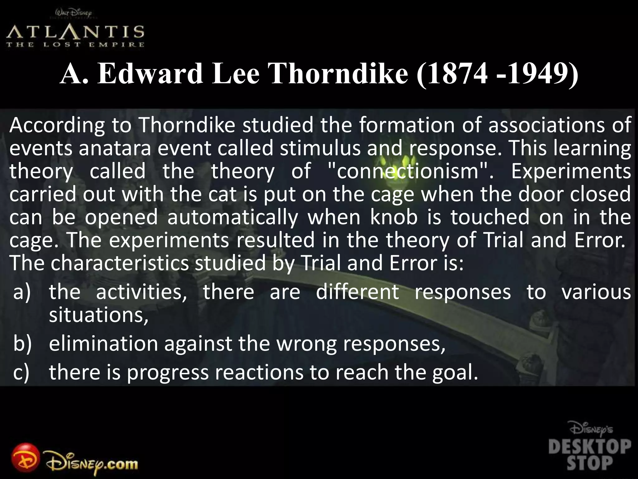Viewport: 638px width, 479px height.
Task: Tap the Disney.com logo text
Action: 92,464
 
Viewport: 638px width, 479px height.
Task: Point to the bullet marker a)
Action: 22,293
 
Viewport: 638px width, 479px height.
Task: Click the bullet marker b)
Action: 22,344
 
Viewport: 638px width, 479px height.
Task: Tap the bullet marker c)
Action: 21,373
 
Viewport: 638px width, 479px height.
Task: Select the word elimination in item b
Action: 103,344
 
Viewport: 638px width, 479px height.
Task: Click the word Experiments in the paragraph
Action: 571,171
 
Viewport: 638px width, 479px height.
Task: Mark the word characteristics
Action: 120,263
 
